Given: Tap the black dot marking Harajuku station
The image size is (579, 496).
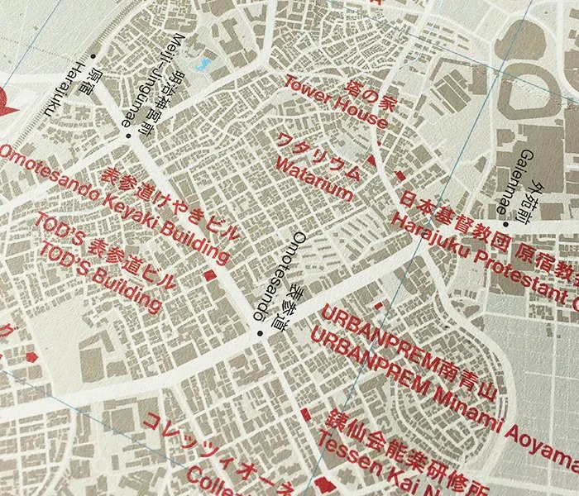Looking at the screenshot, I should click(93, 57).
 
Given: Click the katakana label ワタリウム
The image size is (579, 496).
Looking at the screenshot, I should click(319, 155).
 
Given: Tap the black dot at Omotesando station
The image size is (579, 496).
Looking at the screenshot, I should click(259, 332).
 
